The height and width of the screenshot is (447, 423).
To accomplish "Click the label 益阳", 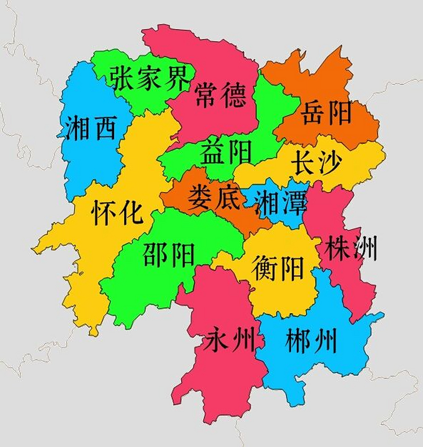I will [x=225, y=151].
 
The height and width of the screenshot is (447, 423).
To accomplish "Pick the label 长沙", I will [x=317, y=162].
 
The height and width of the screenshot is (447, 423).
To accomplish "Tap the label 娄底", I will [x=214, y=197].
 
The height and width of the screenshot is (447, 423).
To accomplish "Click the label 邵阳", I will [x=169, y=255].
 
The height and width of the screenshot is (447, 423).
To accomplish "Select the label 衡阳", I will [x=278, y=268].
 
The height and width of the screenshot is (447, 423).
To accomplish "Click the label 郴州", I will [x=311, y=340].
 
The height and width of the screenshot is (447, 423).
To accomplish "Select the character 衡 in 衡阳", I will [x=265, y=268].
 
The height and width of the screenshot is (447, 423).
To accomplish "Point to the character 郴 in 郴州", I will [x=298, y=340].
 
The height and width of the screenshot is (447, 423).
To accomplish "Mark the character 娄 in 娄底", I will [x=200, y=197].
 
